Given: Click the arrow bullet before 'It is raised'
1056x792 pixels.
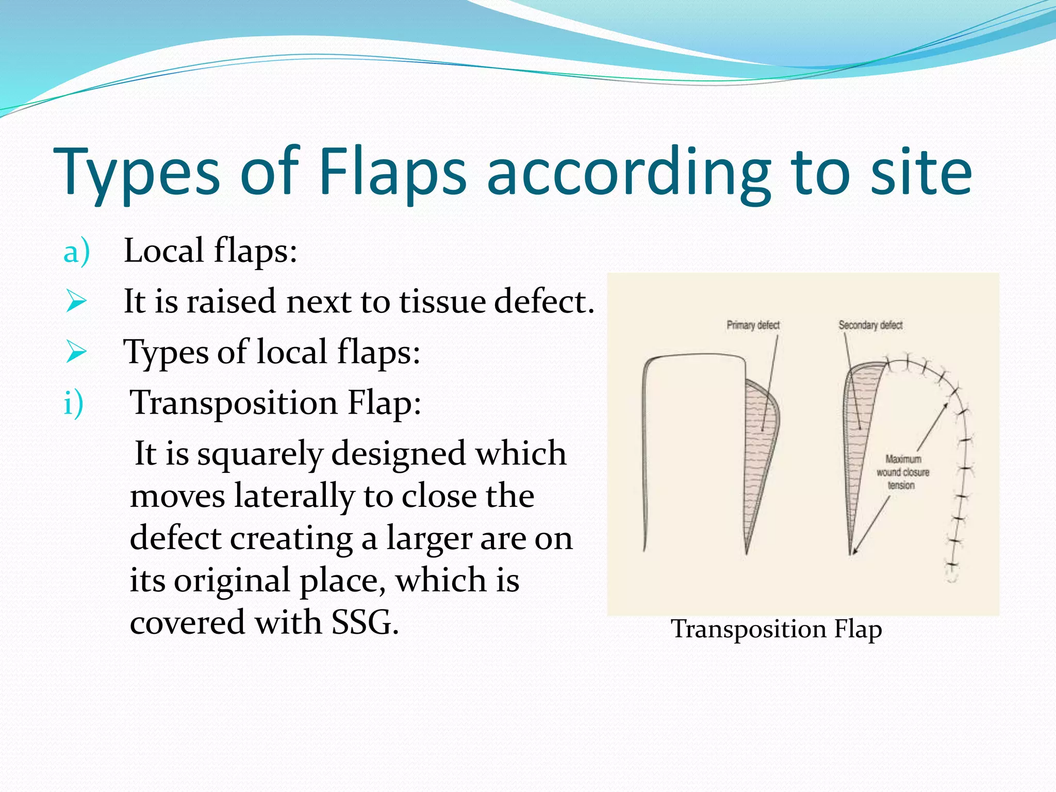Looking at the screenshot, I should [76, 302].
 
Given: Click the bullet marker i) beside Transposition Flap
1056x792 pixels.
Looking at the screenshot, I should [73, 403].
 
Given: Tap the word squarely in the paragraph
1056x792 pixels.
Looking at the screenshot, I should [260, 454].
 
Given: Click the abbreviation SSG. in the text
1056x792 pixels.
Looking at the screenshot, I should [365, 622].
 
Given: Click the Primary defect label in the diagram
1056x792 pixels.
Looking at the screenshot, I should [753, 325].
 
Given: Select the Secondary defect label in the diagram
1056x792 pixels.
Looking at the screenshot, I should [870, 325].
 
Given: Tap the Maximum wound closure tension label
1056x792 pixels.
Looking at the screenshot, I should [902, 472].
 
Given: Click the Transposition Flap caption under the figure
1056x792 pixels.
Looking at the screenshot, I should [776, 629].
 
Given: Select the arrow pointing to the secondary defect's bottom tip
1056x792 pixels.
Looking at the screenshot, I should [871, 526].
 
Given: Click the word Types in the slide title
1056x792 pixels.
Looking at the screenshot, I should [137, 172].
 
